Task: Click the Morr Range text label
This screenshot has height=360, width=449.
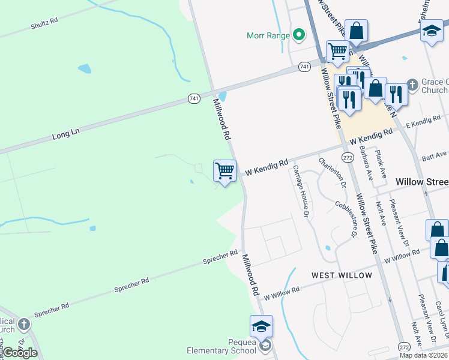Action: (268, 35)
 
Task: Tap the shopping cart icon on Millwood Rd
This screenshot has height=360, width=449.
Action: (224, 172)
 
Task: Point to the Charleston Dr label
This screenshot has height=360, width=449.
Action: (333, 173)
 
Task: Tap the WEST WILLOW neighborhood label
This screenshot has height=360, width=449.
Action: (342, 275)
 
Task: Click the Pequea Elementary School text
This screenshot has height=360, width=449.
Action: (229, 346)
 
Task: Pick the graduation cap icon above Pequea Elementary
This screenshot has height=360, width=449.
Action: (261, 327)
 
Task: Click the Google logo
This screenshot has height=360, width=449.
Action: (20, 353)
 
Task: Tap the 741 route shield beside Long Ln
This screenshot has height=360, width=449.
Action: (193, 98)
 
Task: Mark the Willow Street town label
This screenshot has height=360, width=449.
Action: (422, 181)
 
